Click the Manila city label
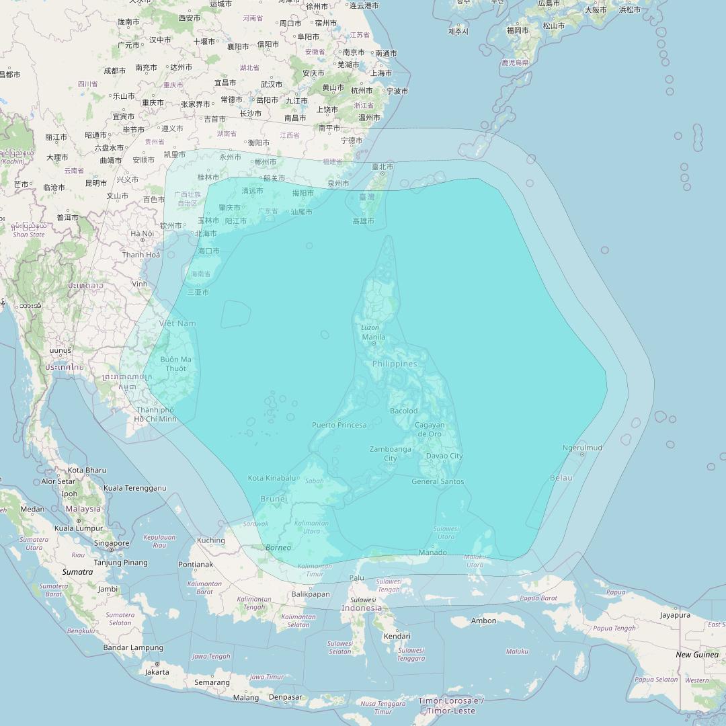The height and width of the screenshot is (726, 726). coord(374,337)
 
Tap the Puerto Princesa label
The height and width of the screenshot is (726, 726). coord(339,425)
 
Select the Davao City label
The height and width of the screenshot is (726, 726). coord(444,456)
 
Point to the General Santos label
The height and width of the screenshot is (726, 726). coord(438,481)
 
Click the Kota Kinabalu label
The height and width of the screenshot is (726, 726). coord(272,478)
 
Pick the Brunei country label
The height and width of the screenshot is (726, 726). coord(274,499)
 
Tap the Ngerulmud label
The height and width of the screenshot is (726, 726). coord(582,448)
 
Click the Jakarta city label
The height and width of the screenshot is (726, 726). coord(157,672)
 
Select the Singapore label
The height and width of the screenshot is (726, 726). coord(112,543)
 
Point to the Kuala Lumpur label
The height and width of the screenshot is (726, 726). coord(78,528)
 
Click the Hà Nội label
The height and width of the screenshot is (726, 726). coord(143,233)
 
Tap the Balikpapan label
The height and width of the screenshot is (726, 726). coord(311,594)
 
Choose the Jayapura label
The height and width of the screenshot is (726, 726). coord(675,615)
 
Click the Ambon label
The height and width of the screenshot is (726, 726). coord(484,620)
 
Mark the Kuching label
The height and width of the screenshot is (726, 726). coord(211,540)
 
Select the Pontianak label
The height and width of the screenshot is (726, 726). coord(196,565)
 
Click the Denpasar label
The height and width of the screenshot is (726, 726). coord(285,697)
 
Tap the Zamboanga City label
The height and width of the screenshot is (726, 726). coord(390,454)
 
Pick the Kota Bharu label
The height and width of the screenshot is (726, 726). coord(87,470)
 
